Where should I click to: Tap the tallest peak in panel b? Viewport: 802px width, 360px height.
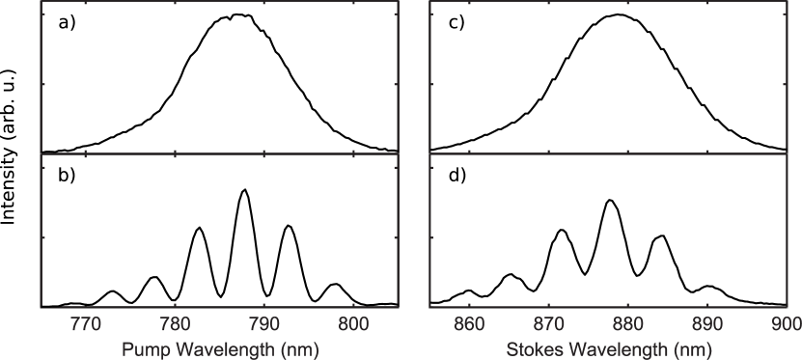(x=244, y=190)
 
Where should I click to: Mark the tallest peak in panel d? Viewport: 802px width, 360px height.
(x=609, y=200)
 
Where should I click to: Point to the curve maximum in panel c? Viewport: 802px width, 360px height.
(x=617, y=14)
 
